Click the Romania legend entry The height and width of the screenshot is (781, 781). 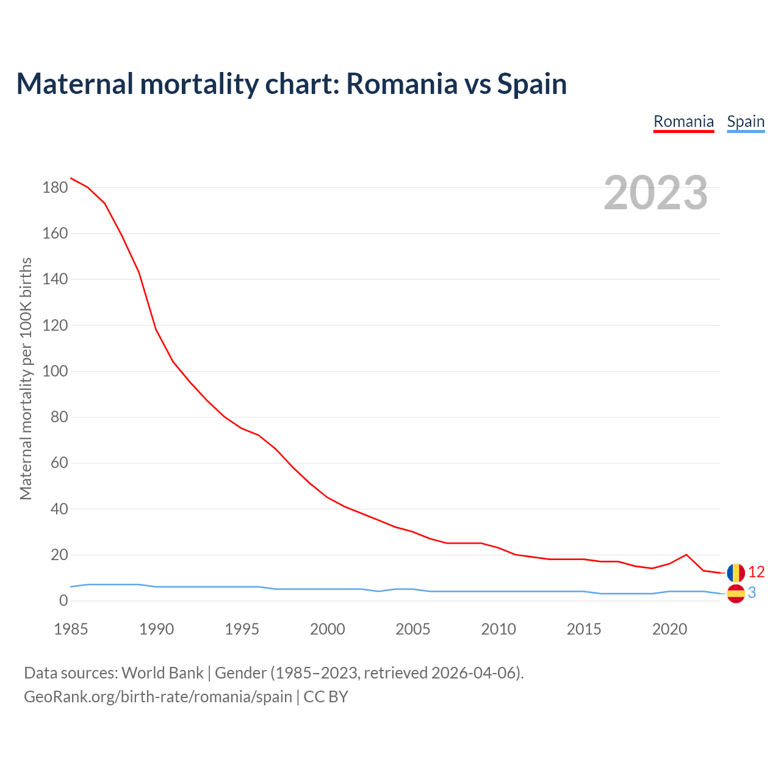tap(683, 121)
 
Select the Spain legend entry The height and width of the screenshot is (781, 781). tap(746, 121)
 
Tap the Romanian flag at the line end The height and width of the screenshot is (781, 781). tap(736, 572)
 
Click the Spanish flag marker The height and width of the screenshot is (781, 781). tap(736, 593)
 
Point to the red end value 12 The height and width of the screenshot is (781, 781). tap(756, 572)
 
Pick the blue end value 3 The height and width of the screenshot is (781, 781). tap(752, 592)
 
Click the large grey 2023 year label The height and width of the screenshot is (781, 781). tap(656, 193)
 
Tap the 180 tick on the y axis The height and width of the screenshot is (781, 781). tap(55, 188)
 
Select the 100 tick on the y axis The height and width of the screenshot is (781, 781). tap(55, 372)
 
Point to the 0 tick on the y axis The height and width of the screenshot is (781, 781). tap(63, 601)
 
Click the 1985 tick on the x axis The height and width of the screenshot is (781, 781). tap(71, 629)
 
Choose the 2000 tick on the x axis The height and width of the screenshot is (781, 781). tap(328, 629)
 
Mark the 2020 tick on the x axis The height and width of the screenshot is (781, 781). tap(670, 629)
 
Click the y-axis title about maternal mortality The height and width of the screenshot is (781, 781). tap(26, 378)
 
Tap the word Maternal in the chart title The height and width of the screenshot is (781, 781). tap(74, 84)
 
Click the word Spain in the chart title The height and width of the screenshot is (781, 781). tap(532, 84)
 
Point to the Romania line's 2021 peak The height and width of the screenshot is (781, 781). tap(686, 555)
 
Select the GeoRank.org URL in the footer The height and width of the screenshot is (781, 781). tap(158, 697)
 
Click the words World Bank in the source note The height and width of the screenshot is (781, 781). tap(162, 673)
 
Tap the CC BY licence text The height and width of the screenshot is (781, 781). tap(326, 697)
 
